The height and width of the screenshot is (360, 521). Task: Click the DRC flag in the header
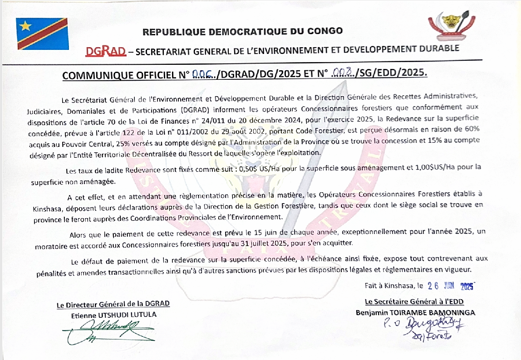(x=43, y=34)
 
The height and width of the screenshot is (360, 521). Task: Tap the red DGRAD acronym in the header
(x=105, y=50)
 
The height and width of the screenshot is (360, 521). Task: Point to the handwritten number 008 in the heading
(x=343, y=73)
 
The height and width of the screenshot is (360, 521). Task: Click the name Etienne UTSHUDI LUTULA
(x=113, y=314)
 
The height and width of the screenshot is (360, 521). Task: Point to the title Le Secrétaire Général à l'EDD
(x=414, y=302)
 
